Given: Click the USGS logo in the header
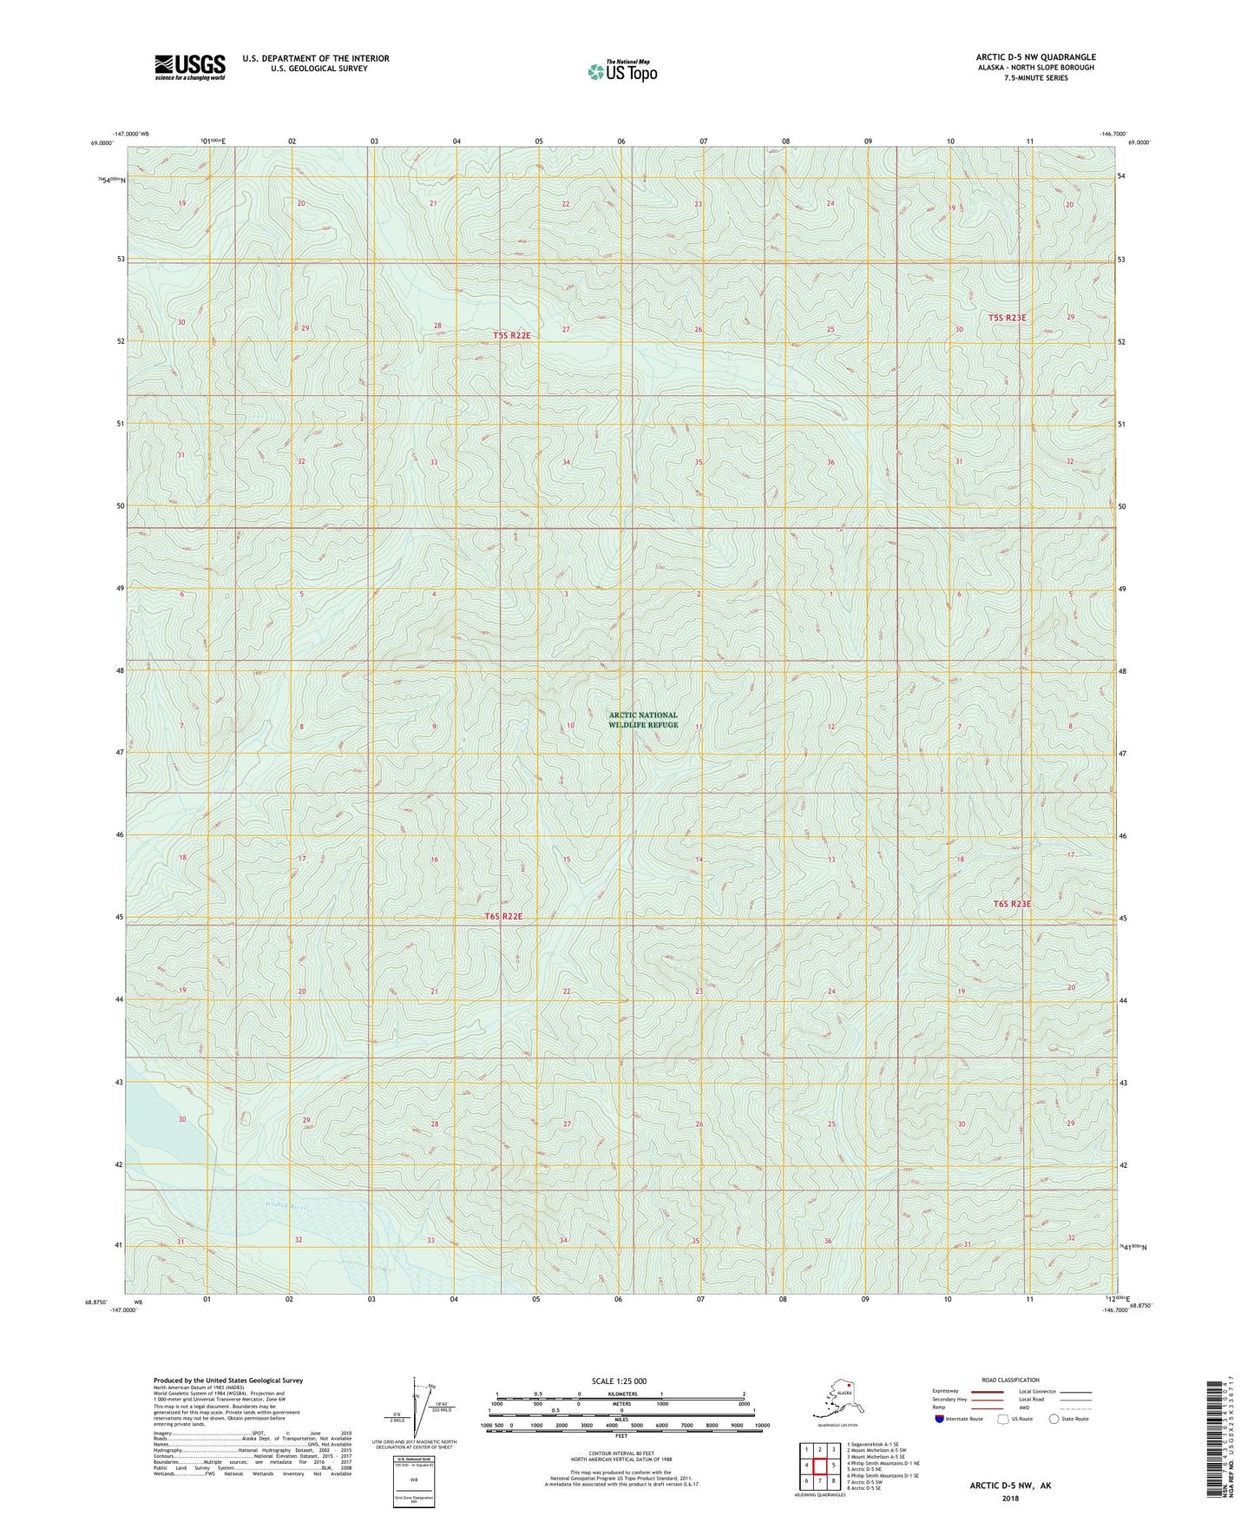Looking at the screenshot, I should click(189, 67).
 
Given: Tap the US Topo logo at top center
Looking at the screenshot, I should click(622, 71).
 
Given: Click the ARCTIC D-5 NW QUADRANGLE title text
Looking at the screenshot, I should click(1034, 57).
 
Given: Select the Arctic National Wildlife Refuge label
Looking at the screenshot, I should click(643, 720).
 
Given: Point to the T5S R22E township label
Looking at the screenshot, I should click(511, 335).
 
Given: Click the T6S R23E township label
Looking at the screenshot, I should click(1012, 904).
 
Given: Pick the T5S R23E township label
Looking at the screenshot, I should click(1007, 318).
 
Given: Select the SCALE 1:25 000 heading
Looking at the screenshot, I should click(619, 1381).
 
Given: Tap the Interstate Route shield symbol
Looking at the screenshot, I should click(940, 1419).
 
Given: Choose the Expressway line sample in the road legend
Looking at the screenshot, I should click(982, 1391).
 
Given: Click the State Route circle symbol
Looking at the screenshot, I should click(1054, 1419).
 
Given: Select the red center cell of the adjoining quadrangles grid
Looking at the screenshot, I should click(819, 1465).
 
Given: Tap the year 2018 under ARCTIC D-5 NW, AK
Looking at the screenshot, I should click(1009, 1498).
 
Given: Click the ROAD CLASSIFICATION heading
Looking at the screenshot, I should click(1010, 1380).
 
